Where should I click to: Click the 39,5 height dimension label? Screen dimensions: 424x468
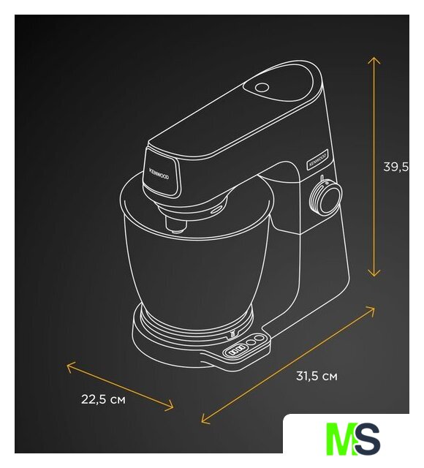(395, 167)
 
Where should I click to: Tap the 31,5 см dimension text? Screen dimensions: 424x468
(317, 376)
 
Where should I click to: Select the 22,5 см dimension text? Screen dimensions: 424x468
(103, 399)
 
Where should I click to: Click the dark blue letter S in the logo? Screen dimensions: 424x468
(368, 438)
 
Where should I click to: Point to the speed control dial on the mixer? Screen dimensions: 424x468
(325, 197)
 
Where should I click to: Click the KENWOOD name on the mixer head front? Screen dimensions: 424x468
(159, 174)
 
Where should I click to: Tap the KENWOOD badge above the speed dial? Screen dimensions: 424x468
(317, 159)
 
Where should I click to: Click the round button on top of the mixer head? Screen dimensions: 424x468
(262, 87)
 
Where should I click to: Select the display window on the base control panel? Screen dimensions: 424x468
(235, 350)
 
